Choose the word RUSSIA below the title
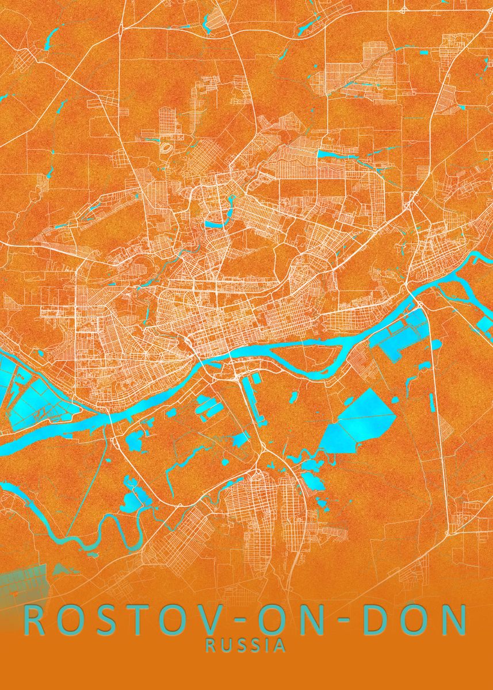point(246,646)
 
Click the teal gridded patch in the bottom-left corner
point(20,581)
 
